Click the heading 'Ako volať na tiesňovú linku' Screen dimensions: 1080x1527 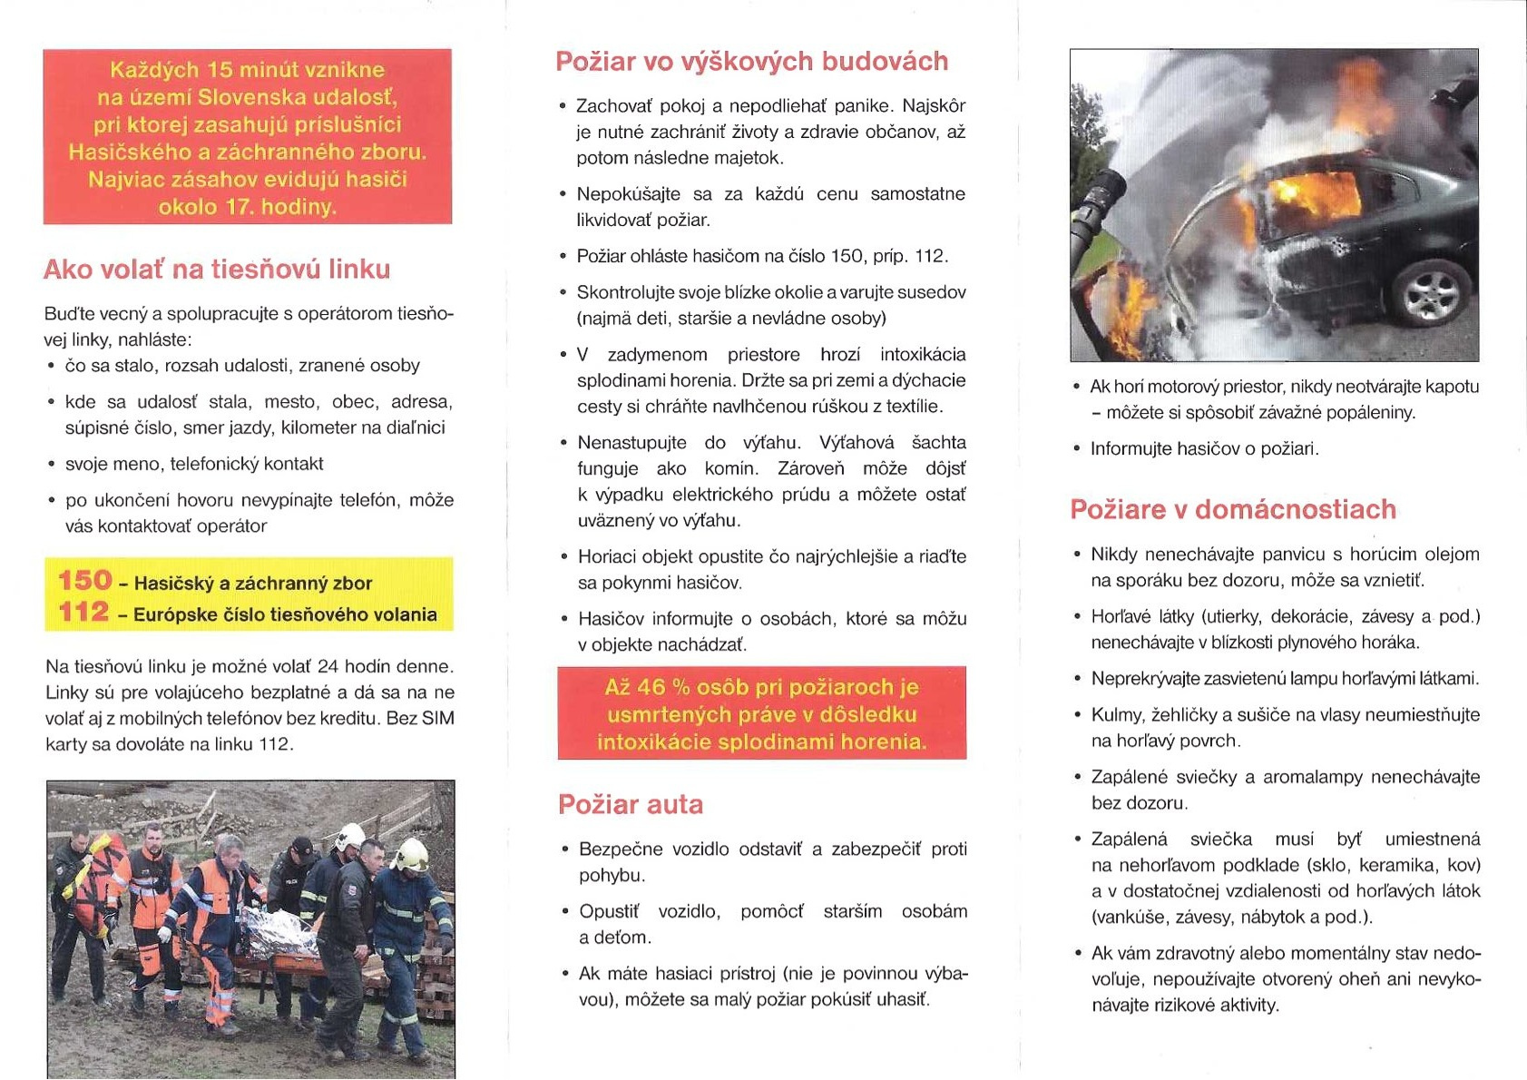(217, 270)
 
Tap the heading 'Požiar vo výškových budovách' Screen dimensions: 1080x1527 (751, 62)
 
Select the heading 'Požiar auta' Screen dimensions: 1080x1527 (631, 805)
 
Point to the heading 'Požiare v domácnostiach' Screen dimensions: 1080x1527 (1233, 510)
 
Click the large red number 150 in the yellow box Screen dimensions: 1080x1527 (85, 581)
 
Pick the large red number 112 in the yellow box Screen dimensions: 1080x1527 (84, 613)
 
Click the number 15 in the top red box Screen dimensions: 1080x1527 (220, 70)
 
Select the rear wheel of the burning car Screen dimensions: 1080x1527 (1430, 292)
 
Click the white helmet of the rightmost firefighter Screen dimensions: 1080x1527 (413, 854)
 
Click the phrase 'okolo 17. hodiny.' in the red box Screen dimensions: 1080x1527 (247, 207)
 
